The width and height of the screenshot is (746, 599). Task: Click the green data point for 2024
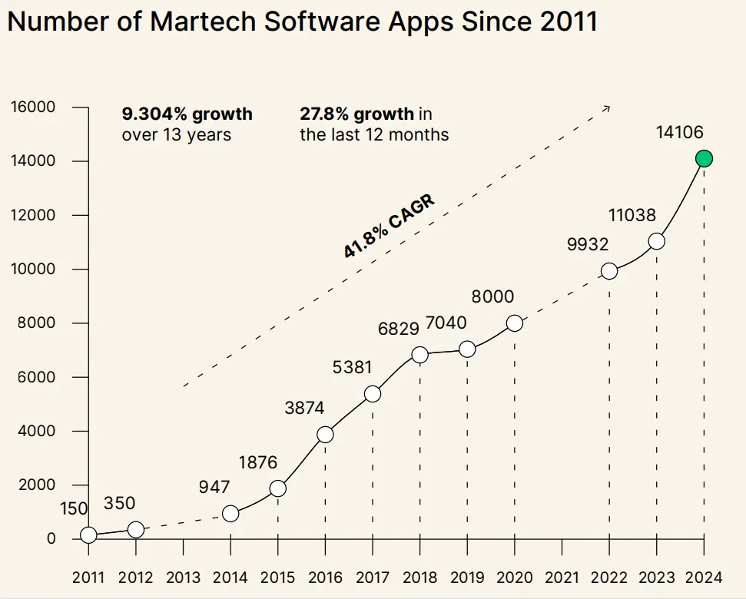coord(704,159)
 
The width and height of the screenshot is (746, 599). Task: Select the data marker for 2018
coord(419,355)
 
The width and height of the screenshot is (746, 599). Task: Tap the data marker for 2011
coord(88,534)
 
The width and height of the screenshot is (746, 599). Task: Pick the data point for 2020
coord(515,323)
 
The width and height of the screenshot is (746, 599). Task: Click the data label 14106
coord(679,133)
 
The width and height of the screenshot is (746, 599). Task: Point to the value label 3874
coord(304,409)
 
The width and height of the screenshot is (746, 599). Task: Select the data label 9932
coord(588,245)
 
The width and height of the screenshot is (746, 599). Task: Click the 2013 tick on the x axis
coord(183,577)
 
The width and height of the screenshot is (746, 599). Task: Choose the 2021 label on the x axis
coord(562,577)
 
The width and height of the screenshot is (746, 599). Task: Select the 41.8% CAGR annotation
coord(389,226)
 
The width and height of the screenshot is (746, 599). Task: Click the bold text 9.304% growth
coord(187,114)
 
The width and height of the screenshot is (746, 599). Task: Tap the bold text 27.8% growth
coord(356,114)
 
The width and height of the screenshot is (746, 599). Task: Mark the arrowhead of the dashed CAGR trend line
coord(607,108)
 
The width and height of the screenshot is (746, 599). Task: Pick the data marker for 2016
coord(325,435)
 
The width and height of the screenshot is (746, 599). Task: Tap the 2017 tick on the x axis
coord(373,577)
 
